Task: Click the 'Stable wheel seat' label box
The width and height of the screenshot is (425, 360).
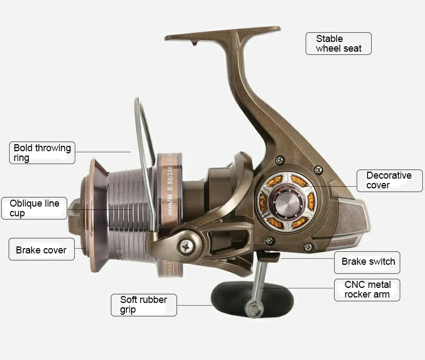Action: tap(338, 44)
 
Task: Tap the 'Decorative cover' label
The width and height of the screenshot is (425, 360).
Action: tap(389, 180)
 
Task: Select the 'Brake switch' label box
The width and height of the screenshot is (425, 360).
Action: tap(368, 262)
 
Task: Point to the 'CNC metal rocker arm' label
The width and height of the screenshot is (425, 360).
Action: tap(367, 290)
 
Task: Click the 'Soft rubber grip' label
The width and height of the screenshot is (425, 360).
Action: tap(144, 305)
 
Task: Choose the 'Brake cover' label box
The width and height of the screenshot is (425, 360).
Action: tap(41, 250)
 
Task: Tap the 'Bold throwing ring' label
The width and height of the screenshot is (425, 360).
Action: tap(42, 153)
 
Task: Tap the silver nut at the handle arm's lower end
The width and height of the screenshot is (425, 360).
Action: tap(251, 309)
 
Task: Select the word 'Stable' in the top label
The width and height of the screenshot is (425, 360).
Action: tap(329, 39)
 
